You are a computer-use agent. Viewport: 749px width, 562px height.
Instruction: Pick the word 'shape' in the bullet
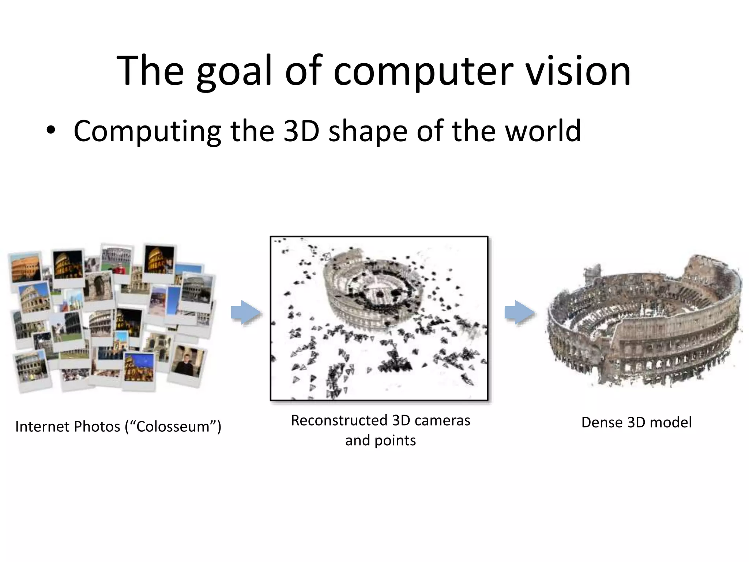point(368,131)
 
